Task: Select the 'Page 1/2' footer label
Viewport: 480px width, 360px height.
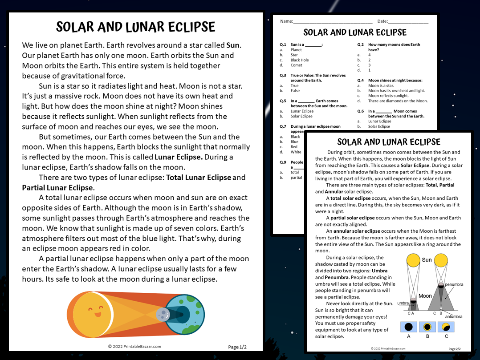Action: click(237, 347)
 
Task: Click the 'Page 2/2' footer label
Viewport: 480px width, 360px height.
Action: click(454, 349)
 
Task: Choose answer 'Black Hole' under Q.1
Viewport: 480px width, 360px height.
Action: click(299, 60)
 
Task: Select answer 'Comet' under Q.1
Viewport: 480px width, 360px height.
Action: click(297, 65)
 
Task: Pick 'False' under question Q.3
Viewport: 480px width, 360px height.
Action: click(295, 91)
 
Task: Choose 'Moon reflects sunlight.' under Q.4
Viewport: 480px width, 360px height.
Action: click(388, 96)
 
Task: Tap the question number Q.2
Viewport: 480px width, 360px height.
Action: click(361, 44)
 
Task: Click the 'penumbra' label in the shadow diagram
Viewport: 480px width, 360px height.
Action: click(454, 284)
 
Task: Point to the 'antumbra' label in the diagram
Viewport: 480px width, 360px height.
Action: click(453, 316)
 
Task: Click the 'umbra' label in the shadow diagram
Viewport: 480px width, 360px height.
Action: click(403, 303)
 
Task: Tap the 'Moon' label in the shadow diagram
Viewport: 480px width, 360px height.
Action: click(425, 295)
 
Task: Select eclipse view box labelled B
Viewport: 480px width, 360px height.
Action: click(427, 328)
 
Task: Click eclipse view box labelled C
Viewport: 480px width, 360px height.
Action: click(446, 328)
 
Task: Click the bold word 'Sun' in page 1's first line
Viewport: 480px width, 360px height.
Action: click(233, 45)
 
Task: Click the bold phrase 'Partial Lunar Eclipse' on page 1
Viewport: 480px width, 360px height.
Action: click(57, 188)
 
